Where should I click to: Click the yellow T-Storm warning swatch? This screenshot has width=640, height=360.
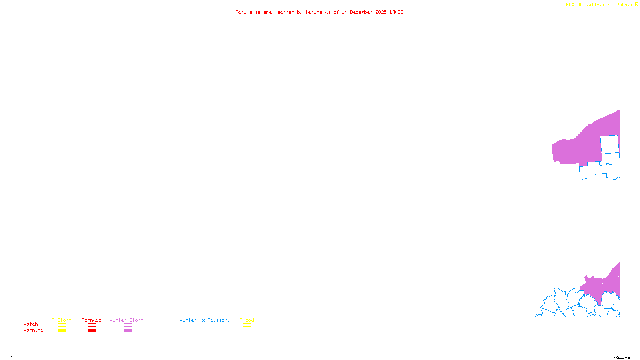pyautogui.click(x=62, y=331)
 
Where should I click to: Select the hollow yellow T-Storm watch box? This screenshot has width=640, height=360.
pyautogui.click(x=62, y=325)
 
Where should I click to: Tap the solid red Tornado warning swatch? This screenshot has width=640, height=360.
pyautogui.click(x=92, y=331)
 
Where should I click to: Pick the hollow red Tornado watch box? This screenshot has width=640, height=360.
pyautogui.click(x=92, y=325)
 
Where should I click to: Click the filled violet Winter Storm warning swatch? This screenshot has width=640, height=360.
pyautogui.click(x=128, y=331)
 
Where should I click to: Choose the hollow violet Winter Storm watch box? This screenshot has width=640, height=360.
pyautogui.click(x=128, y=325)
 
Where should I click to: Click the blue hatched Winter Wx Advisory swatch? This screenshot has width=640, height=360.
pyautogui.click(x=204, y=331)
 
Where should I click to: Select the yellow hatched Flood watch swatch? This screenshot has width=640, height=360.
pyautogui.click(x=247, y=325)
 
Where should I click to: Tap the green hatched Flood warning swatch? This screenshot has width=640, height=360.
pyautogui.click(x=247, y=331)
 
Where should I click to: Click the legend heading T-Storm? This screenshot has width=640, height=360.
pyautogui.click(x=62, y=320)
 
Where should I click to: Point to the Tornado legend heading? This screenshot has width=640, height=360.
pyautogui.click(x=92, y=320)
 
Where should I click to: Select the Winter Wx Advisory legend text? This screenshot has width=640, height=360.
pyautogui.click(x=205, y=320)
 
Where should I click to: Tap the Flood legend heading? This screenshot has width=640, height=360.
pyautogui.click(x=247, y=320)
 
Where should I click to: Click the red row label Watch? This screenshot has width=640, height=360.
pyautogui.click(x=31, y=324)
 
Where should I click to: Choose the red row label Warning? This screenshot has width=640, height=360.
pyautogui.click(x=34, y=330)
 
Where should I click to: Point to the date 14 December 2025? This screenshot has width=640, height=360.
pyautogui.click(x=364, y=12)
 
